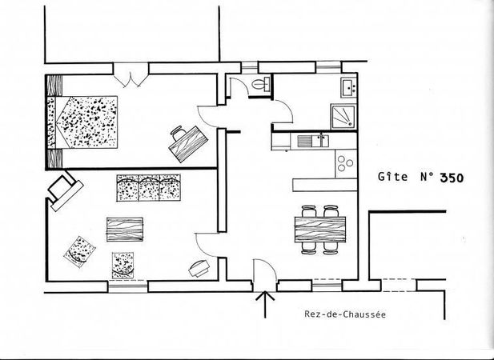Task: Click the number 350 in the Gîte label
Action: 452,178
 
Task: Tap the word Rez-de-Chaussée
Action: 345,314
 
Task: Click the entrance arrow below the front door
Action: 265,304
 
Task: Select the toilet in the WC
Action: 261,84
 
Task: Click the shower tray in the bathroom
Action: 343,117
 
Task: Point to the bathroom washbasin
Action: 348,88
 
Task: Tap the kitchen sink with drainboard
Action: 312,141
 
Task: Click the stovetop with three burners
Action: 346,164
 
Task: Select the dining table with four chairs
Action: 320,230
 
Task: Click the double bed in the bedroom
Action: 82,122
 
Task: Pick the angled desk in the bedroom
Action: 188,144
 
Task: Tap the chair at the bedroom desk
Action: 179,133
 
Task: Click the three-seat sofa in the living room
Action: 149,187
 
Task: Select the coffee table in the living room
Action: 125,230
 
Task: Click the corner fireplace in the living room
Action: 65,190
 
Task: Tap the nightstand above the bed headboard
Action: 54,85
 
